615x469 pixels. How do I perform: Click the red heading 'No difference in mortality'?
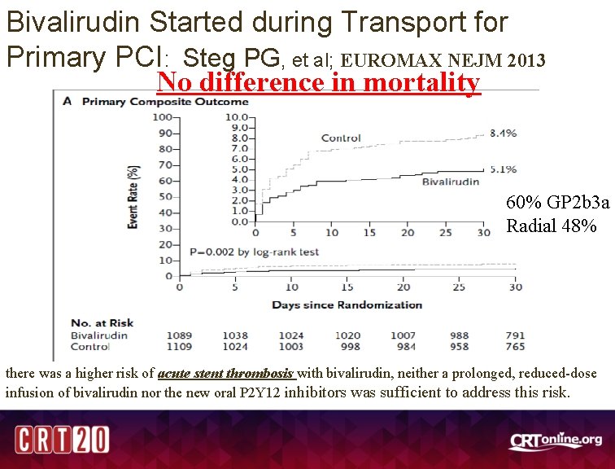tap(318, 82)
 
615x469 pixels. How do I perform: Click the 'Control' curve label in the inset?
tap(341, 138)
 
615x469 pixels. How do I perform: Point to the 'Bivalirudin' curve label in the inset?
tap(450, 182)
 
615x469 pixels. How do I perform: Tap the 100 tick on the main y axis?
tap(163, 117)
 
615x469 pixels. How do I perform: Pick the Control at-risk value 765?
tap(514, 346)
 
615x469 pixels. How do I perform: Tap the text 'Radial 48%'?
tap(552, 226)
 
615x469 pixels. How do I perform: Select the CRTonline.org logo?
tap(556, 441)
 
